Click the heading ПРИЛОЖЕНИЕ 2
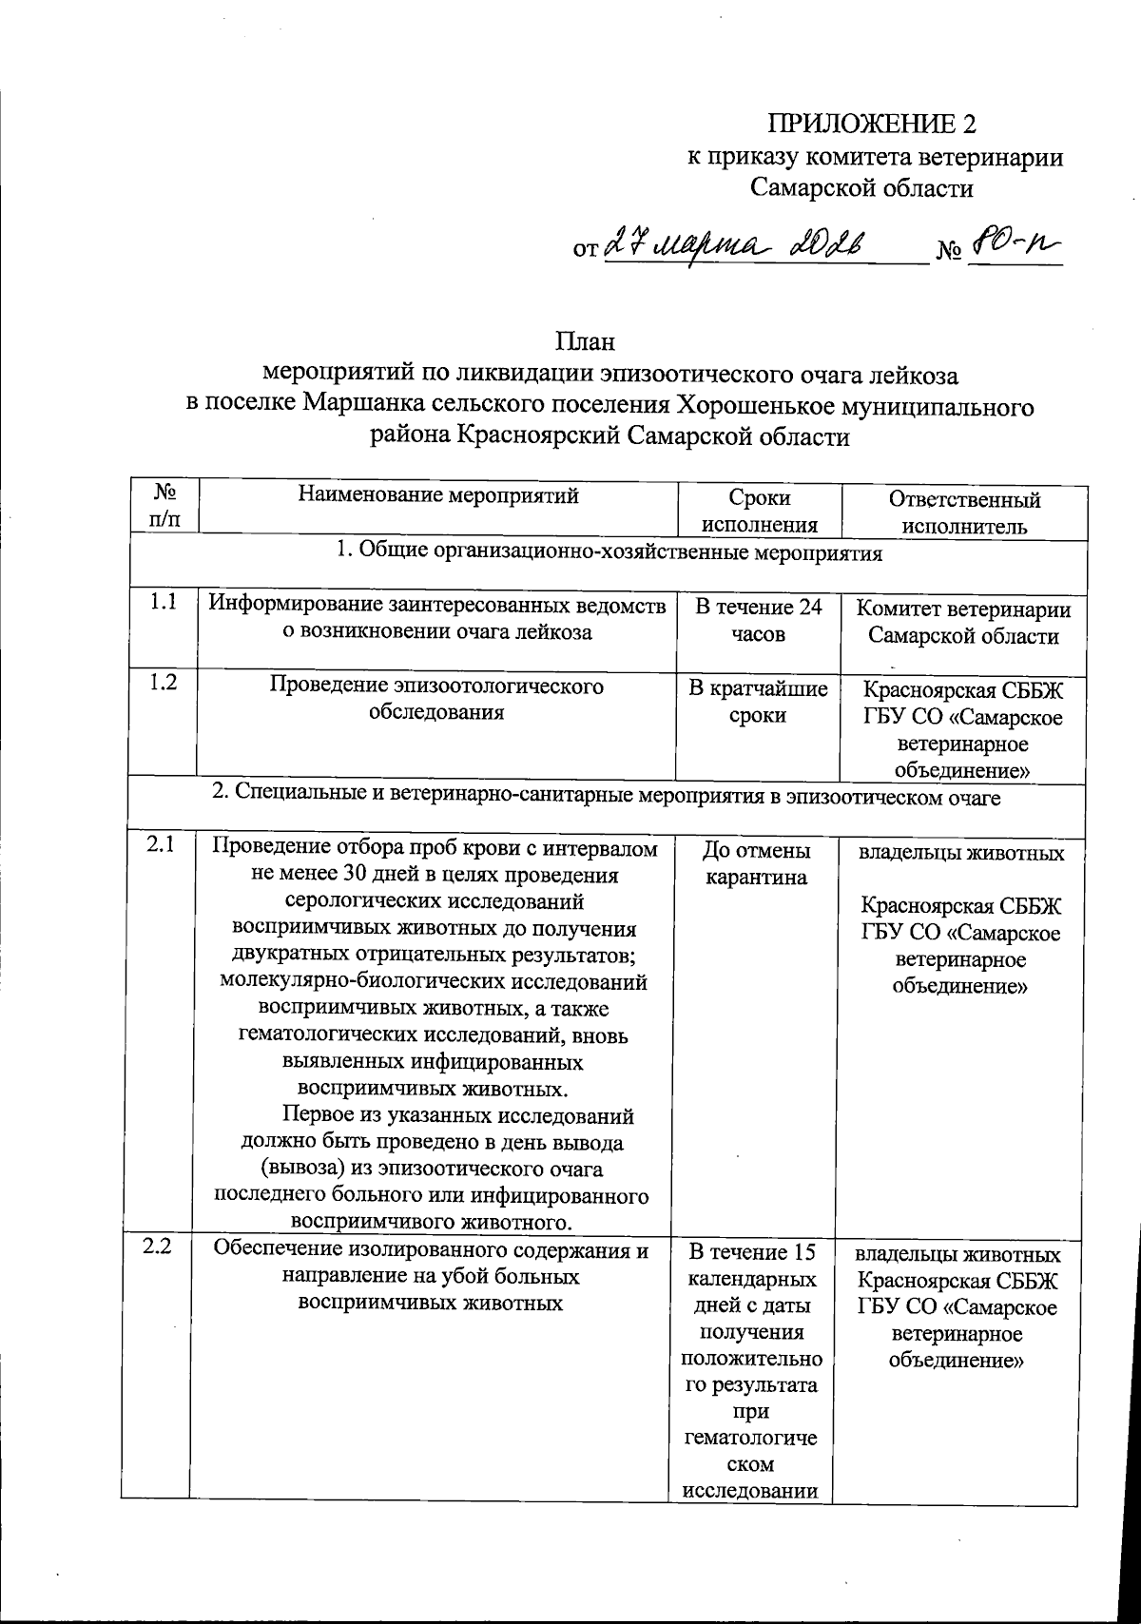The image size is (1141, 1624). [871, 125]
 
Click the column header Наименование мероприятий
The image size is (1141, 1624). [438, 495]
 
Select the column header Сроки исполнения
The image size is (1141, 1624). [759, 512]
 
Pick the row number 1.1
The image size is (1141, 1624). [163, 603]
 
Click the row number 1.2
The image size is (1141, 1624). [163, 683]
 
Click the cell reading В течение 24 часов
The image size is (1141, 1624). [759, 621]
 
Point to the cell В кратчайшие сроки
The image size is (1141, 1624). [758, 702]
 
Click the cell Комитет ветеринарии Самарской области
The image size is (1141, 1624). [963, 623]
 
